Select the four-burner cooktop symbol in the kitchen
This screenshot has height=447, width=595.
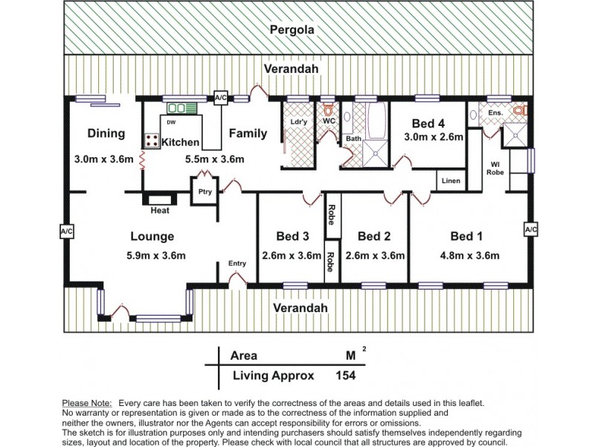point(151,141)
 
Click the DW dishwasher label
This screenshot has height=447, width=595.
point(171,122)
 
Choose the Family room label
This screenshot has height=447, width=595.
point(248,133)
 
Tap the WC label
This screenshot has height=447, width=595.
point(329,121)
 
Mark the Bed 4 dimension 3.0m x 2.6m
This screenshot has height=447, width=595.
point(434,137)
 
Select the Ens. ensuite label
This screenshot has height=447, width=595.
point(496,112)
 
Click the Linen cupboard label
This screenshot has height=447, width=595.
point(451,181)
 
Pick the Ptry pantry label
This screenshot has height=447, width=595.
point(204,191)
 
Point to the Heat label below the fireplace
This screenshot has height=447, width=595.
point(160,210)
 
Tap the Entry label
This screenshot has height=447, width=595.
point(237,263)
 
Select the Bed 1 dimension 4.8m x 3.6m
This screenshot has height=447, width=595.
point(468,256)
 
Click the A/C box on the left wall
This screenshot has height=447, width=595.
point(66,232)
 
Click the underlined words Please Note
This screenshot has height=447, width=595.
point(87,403)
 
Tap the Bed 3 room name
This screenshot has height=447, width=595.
point(292,236)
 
